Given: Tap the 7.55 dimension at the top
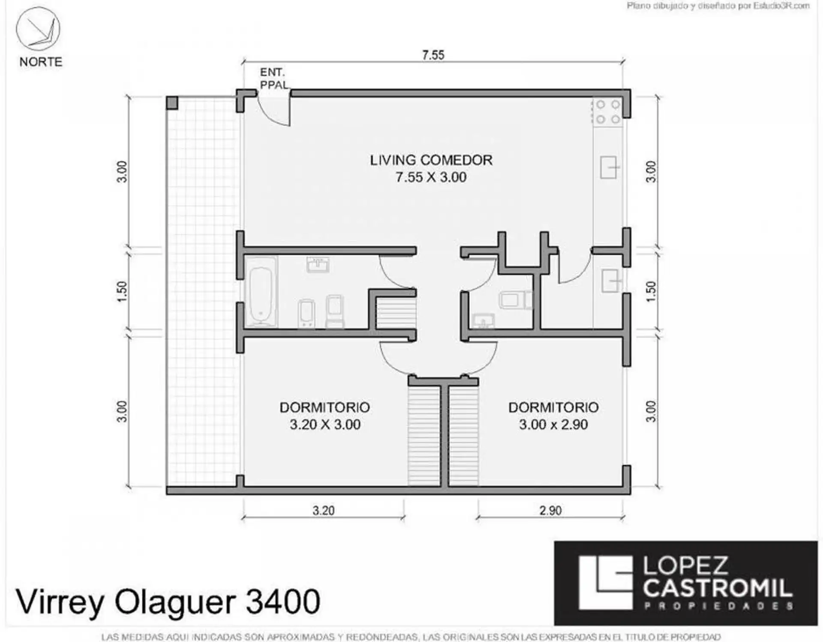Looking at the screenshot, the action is [x=433, y=55].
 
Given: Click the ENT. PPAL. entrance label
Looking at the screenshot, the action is [x=274, y=79].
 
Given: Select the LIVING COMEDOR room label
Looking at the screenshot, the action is [x=431, y=160].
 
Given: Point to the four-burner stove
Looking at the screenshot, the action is [x=608, y=112].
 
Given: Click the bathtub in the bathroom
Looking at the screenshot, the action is [x=261, y=292].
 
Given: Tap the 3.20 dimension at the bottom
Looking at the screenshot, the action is [x=323, y=511].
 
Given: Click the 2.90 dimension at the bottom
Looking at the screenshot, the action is [x=550, y=511].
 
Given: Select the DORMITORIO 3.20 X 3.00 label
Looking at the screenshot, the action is [x=325, y=416].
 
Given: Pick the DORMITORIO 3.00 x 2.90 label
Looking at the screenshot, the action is [x=553, y=416].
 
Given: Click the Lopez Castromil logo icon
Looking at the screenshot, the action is [x=605, y=582].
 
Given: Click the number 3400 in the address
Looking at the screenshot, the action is [x=282, y=601].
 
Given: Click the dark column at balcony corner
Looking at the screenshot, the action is [x=172, y=103].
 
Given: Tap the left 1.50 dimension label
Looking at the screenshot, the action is [x=122, y=291].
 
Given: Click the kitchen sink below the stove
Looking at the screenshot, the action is [x=610, y=167].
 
